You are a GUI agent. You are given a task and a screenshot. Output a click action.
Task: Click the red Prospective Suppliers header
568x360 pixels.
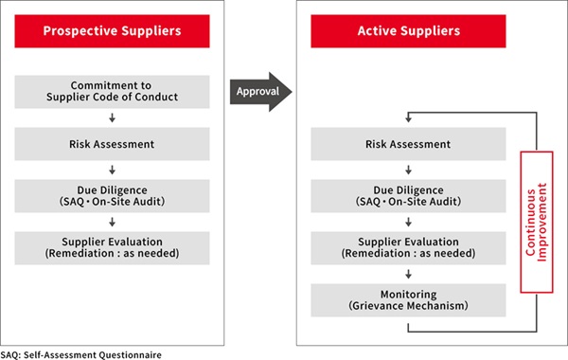point(112,31)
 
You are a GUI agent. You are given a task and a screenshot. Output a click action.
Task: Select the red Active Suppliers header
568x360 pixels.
point(409,31)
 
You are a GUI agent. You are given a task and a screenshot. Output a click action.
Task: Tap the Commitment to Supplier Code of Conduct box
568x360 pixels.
point(112,92)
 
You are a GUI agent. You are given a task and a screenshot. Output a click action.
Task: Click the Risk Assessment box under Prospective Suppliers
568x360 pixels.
point(112,144)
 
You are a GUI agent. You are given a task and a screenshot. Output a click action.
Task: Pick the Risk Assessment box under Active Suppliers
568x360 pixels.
point(409,144)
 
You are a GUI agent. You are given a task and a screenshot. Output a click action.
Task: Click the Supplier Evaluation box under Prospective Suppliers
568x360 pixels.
point(112,248)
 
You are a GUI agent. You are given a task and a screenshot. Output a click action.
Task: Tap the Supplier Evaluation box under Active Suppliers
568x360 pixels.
point(409,248)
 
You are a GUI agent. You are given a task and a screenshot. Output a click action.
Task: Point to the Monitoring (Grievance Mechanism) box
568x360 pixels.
point(409,299)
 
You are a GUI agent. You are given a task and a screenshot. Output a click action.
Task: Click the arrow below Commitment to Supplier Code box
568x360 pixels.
point(112,118)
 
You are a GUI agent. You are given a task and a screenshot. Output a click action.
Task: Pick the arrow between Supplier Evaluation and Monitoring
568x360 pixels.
point(409,274)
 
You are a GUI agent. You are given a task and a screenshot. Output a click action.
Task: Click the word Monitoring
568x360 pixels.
point(409,294)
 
